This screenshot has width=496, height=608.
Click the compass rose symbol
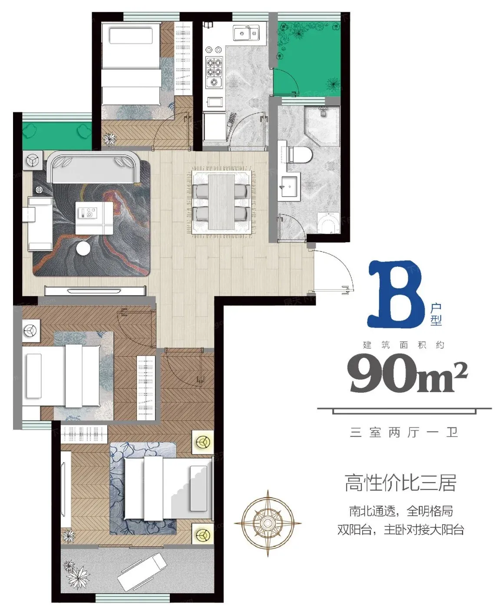(268, 523)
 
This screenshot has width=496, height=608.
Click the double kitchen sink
(246, 33)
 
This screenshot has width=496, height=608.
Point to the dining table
(221, 202)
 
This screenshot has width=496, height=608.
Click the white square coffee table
(94, 218)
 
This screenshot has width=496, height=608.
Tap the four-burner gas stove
(214, 72)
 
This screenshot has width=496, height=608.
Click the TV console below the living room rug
(95, 291)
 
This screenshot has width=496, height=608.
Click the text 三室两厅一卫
(404, 433)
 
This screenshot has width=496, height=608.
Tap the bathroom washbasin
(289, 186)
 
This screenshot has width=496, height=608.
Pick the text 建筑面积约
(404, 345)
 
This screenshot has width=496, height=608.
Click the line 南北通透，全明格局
(401, 511)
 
